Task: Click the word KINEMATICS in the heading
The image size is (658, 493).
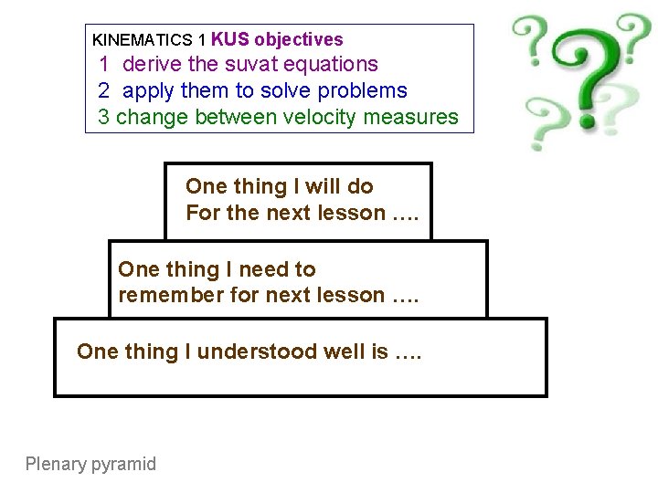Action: click(135, 40)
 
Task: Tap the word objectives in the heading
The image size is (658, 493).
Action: click(299, 39)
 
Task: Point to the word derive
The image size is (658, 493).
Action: click(151, 64)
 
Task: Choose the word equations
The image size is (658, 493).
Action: click(331, 64)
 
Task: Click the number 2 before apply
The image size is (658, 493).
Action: click(104, 90)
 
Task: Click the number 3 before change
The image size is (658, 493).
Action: click(103, 117)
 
